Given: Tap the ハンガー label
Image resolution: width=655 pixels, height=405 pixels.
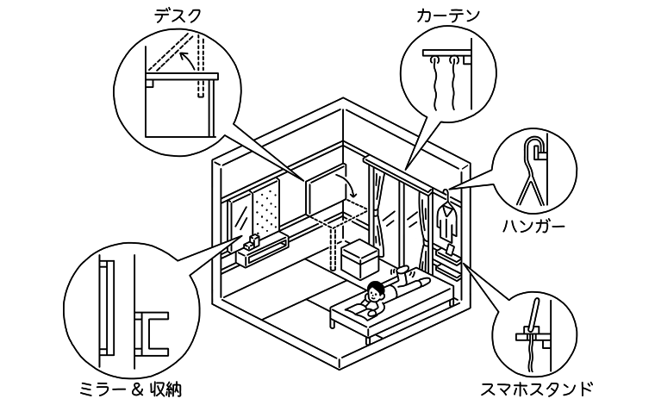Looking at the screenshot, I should coord(533,227).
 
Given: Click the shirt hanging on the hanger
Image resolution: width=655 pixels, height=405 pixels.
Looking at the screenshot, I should coord(446,223).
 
